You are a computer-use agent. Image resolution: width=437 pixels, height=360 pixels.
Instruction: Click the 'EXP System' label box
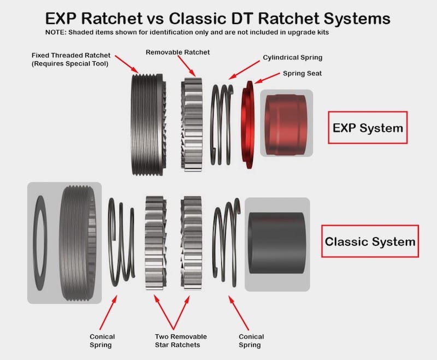pos(367,128)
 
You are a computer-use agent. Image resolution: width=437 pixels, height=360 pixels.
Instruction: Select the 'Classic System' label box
pos(370,241)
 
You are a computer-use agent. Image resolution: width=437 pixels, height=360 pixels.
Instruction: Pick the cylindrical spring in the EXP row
pos(222,125)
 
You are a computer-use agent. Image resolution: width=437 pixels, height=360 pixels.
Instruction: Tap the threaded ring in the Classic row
pos(80,242)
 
